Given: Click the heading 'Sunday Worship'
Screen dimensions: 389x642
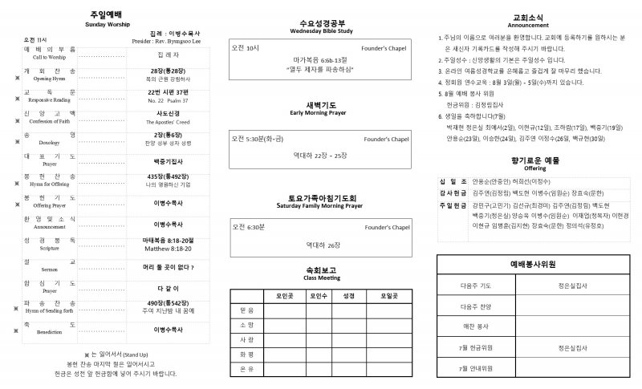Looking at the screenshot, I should pos(107,25).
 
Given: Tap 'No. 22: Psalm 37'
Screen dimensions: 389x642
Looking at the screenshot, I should pos(169,101).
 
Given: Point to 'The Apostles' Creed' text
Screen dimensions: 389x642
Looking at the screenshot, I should pos(169,122).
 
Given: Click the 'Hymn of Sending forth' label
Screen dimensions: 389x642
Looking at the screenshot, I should pos(50,310).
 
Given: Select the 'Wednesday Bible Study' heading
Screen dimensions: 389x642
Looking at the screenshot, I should pos(322,30).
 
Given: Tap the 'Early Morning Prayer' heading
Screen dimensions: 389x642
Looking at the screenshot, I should pos(321,113).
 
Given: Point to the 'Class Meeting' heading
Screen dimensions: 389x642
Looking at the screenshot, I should pos(321,278).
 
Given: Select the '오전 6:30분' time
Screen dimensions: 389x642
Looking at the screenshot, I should pos(249,228).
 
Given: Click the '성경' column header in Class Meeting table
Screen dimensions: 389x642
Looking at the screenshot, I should pos(348,295).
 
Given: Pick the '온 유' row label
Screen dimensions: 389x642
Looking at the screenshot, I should pos(246,368).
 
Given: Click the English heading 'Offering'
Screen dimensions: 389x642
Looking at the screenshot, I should pos(534,169).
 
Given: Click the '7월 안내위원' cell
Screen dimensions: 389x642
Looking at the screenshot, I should pos(477,368).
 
